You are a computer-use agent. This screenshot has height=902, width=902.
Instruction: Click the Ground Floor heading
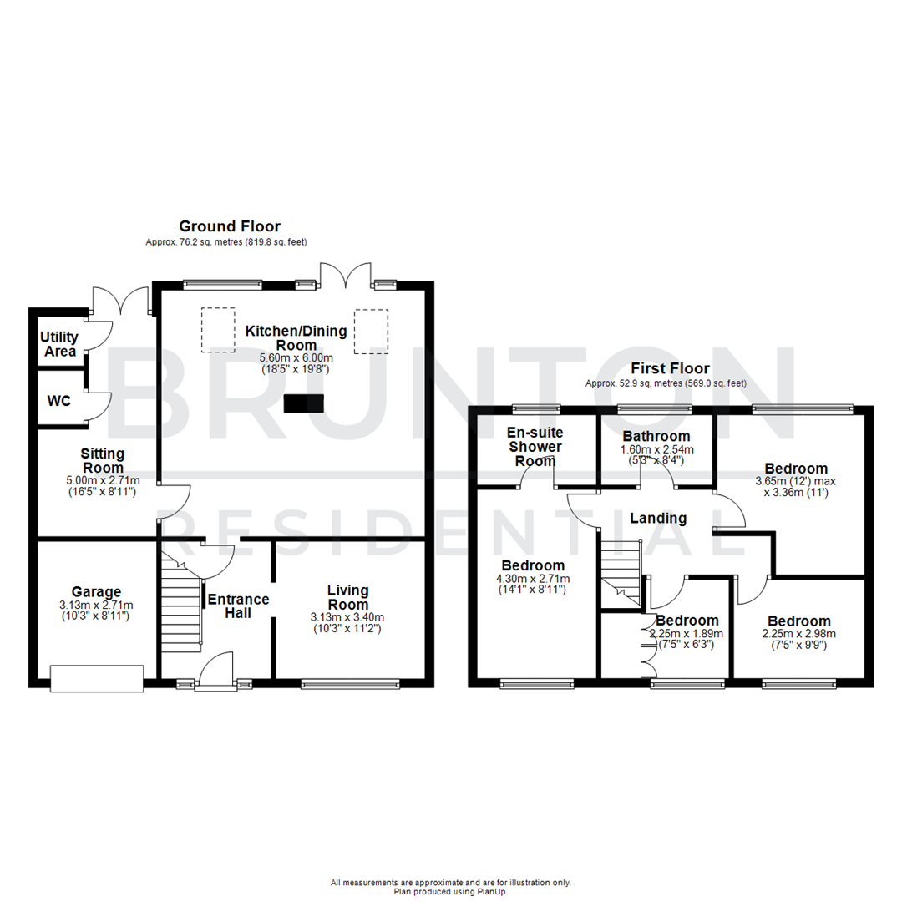pyautogui.click(x=230, y=226)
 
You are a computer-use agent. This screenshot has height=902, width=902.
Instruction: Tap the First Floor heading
pyautogui.click(x=670, y=368)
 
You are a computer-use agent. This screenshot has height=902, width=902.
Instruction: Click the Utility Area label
pyautogui.click(x=58, y=344)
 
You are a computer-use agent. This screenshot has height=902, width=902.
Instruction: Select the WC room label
pyautogui.click(x=58, y=401)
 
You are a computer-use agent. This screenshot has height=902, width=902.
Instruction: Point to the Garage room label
pyautogui.click(x=96, y=591)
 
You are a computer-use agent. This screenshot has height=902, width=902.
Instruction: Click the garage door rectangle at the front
pyautogui.click(x=97, y=678)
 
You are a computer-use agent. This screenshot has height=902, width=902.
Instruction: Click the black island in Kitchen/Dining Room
pyautogui.click(x=302, y=403)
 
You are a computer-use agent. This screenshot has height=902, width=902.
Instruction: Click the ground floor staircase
pyautogui.click(x=181, y=608)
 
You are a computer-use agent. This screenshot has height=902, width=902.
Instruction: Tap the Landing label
pyautogui.click(x=658, y=519)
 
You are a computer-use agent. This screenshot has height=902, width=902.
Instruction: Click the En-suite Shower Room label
pyautogui.click(x=535, y=447)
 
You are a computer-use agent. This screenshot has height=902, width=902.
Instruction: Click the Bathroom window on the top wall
pyautogui.click(x=654, y=408)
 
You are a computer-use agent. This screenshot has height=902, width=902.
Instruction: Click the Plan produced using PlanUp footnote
pyautogui.click(x=450, y=891)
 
